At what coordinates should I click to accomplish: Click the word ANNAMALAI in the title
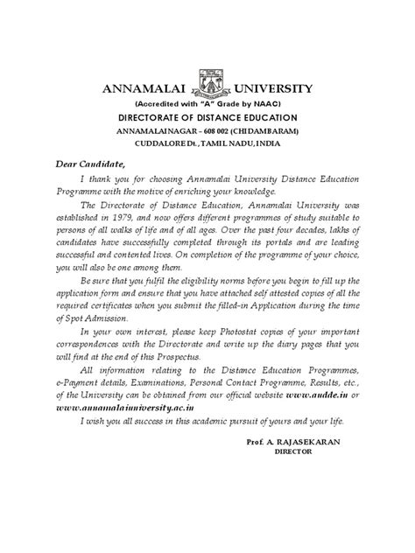144,89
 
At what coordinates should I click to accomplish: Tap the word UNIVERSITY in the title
270,89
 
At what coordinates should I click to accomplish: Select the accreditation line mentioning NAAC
207,103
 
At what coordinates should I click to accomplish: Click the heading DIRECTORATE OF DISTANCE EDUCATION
207,117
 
